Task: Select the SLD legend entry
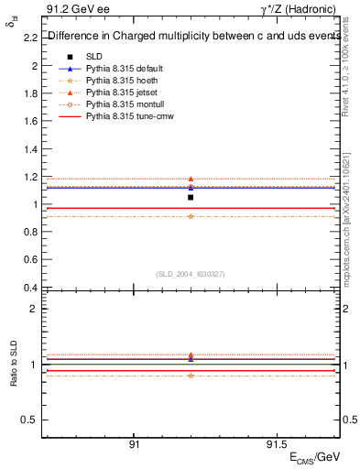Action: (94, 57)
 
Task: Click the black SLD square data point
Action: (191, 197)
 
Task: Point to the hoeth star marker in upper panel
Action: (191, 216)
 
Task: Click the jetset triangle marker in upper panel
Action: (191, 180)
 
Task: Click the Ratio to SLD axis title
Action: (14, 365)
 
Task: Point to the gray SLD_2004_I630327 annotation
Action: (191, 274)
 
